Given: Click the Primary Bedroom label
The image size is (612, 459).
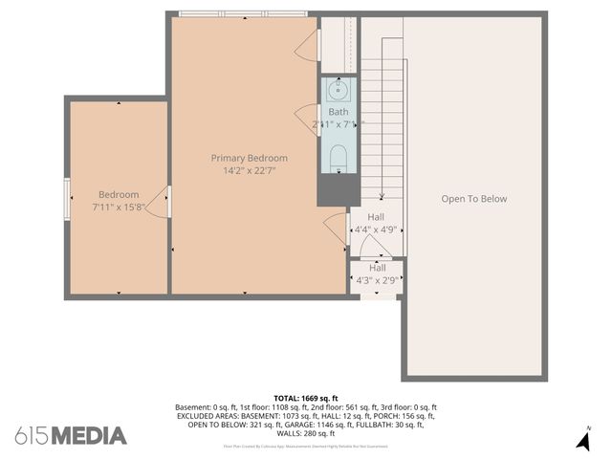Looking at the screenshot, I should coord(249,159).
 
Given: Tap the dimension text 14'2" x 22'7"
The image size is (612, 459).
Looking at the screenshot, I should coord(249,171).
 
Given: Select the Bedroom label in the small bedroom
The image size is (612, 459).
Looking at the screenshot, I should coord(119,194).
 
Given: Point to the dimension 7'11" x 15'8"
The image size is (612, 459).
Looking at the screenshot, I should coord(119,207).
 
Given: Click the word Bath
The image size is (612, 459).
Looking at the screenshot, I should coord(339,112).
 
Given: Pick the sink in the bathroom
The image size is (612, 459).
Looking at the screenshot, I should coord(338,91).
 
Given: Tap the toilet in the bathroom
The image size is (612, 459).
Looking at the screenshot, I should coord(339,159).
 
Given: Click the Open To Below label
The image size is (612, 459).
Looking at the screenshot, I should coord(473,199).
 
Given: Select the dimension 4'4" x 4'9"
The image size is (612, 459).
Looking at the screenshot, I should coord(376,229).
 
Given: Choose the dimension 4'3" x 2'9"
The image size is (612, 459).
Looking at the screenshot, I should coord(377,280).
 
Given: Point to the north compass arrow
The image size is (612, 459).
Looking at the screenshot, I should coord(583,441).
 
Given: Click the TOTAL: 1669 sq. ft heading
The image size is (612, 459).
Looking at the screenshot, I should coord(306,398).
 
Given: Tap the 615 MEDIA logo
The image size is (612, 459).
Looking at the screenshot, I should coord(71,436).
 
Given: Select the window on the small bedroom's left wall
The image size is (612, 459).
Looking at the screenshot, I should coord(67,199).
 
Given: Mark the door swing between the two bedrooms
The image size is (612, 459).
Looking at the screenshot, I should coord(164,202).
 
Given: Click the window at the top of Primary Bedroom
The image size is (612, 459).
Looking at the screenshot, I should coord(243,13).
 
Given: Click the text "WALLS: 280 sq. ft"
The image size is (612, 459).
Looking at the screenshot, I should coord(306,433).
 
